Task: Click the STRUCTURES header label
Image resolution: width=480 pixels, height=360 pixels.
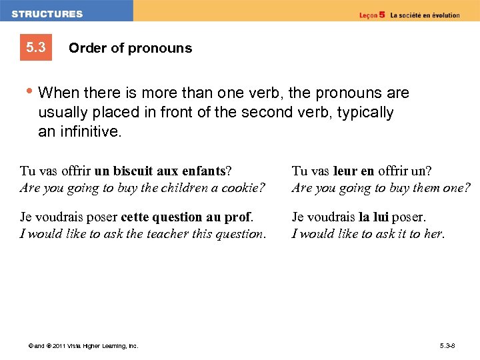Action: [x=47, y=14]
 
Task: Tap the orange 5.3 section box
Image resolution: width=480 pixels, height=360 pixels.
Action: [x=36, y=47]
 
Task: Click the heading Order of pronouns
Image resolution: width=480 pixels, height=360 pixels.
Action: [x=130, y=48]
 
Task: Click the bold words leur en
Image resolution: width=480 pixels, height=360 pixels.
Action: [x=355, y=171]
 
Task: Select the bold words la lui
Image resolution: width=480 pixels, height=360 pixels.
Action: [x=374, y=217]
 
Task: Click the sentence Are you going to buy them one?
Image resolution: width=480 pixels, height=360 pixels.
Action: [x=381, y=188]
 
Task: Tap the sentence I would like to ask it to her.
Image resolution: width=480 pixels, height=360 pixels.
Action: [x=368, y=233]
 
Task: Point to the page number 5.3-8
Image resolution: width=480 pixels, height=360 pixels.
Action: [x=447, y=345]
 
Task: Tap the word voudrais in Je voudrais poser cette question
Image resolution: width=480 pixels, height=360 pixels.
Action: [x=57, y=217]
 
